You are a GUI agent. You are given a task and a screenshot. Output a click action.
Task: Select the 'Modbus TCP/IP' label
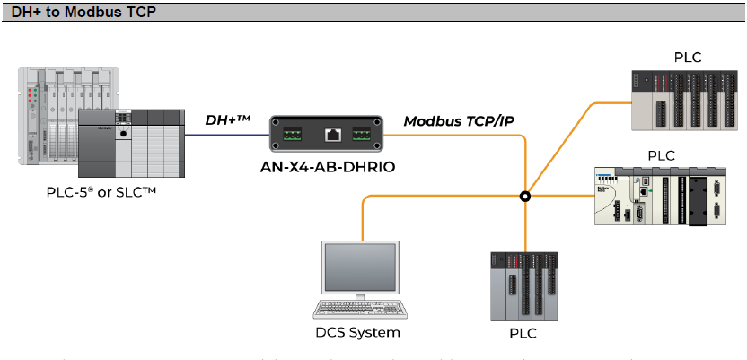tap(459, 120)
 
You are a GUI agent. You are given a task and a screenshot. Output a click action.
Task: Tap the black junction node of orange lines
tap(526, 196)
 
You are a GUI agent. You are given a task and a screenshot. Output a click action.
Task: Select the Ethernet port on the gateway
tap(332, 135)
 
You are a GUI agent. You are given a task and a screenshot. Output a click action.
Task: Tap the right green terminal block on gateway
tap(362, 135)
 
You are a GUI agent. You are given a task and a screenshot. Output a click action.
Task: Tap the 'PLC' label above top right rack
tap(688, 58)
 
